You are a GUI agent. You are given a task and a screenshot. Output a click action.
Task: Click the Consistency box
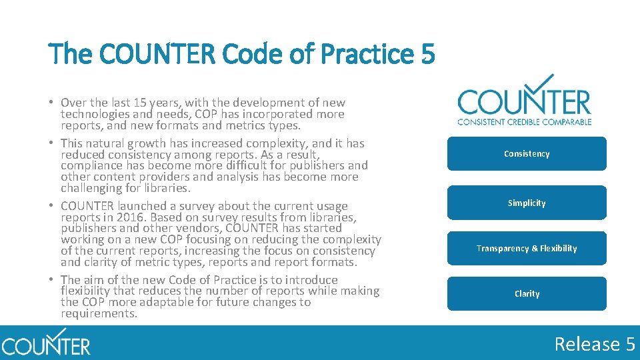[527, 154]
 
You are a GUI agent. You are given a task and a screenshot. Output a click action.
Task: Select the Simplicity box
[527, 203]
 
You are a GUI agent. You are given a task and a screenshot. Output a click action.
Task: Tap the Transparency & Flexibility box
[527, 248]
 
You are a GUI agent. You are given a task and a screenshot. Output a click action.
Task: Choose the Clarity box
[527, 293]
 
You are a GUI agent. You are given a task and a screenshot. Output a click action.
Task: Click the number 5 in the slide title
[428, 54]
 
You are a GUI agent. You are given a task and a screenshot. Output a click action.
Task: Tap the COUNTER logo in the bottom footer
[45, 343]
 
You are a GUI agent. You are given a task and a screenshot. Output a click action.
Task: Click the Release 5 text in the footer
[595, 344]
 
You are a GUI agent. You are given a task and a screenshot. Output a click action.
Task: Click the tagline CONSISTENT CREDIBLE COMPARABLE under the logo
[525, 121]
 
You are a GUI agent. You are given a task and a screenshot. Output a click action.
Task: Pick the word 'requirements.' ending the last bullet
[99, 313]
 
